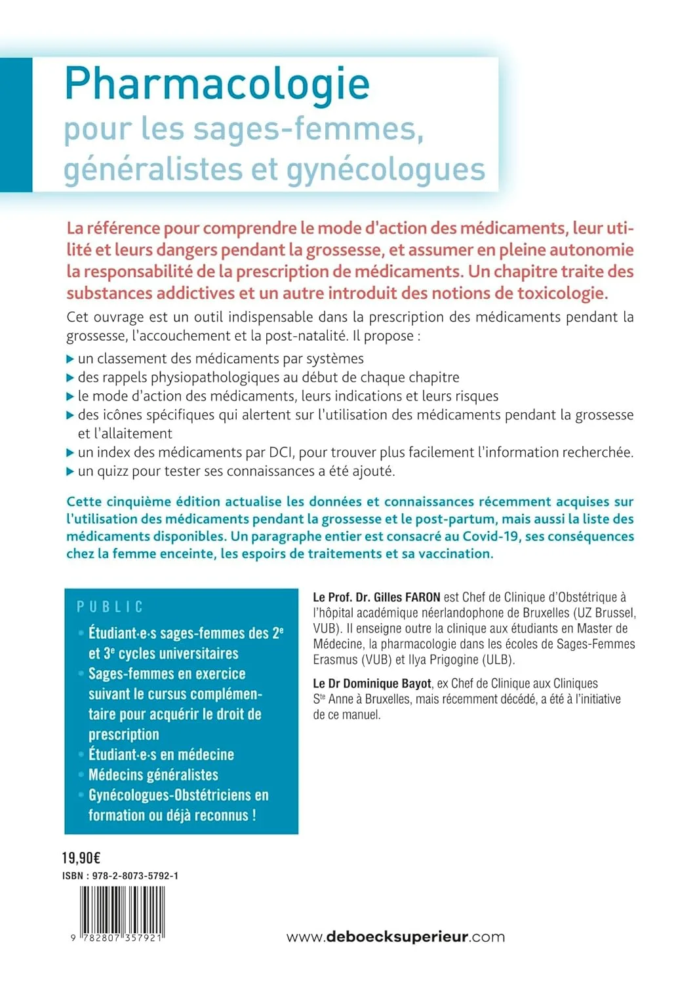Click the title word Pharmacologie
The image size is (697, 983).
click(217, 85)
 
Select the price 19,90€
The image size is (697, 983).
click(81, 858)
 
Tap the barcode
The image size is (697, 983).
click(122, 914)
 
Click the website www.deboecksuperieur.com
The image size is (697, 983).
click(395, 936)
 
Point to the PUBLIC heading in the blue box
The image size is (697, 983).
click(110, 607)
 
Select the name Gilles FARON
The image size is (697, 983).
click(407, 597)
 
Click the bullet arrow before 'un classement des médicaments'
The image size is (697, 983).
click(70, 359)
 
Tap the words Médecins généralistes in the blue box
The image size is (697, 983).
click(153, 775)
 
